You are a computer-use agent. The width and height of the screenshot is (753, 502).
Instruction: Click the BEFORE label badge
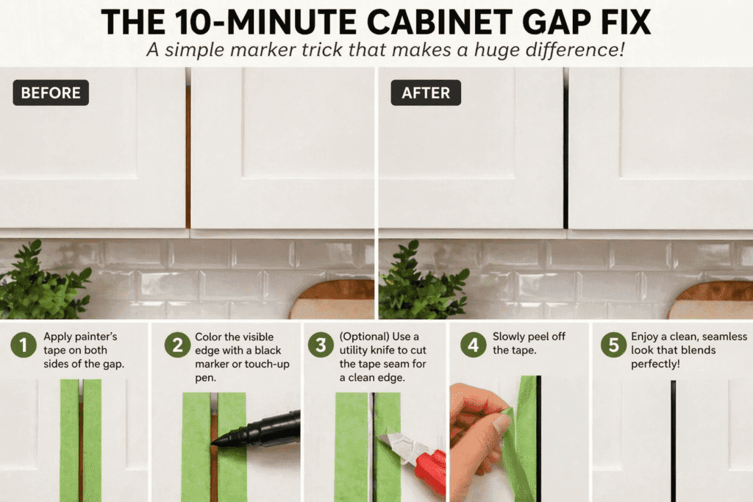[51, 93]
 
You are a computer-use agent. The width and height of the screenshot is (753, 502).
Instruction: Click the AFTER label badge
[426, 93]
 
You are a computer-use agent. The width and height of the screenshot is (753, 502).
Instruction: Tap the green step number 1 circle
[23, 345]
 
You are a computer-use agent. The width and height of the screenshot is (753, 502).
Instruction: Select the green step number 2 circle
[177, 345]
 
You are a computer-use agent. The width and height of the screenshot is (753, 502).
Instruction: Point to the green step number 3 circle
[321, 345]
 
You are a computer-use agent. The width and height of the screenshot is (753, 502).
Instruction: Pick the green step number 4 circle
[474, 345]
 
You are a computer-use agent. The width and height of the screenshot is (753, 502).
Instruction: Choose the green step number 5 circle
[614, 345]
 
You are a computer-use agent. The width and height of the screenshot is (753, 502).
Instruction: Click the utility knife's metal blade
[394, 442]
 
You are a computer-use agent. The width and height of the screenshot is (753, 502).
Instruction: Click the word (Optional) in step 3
[365, 337]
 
